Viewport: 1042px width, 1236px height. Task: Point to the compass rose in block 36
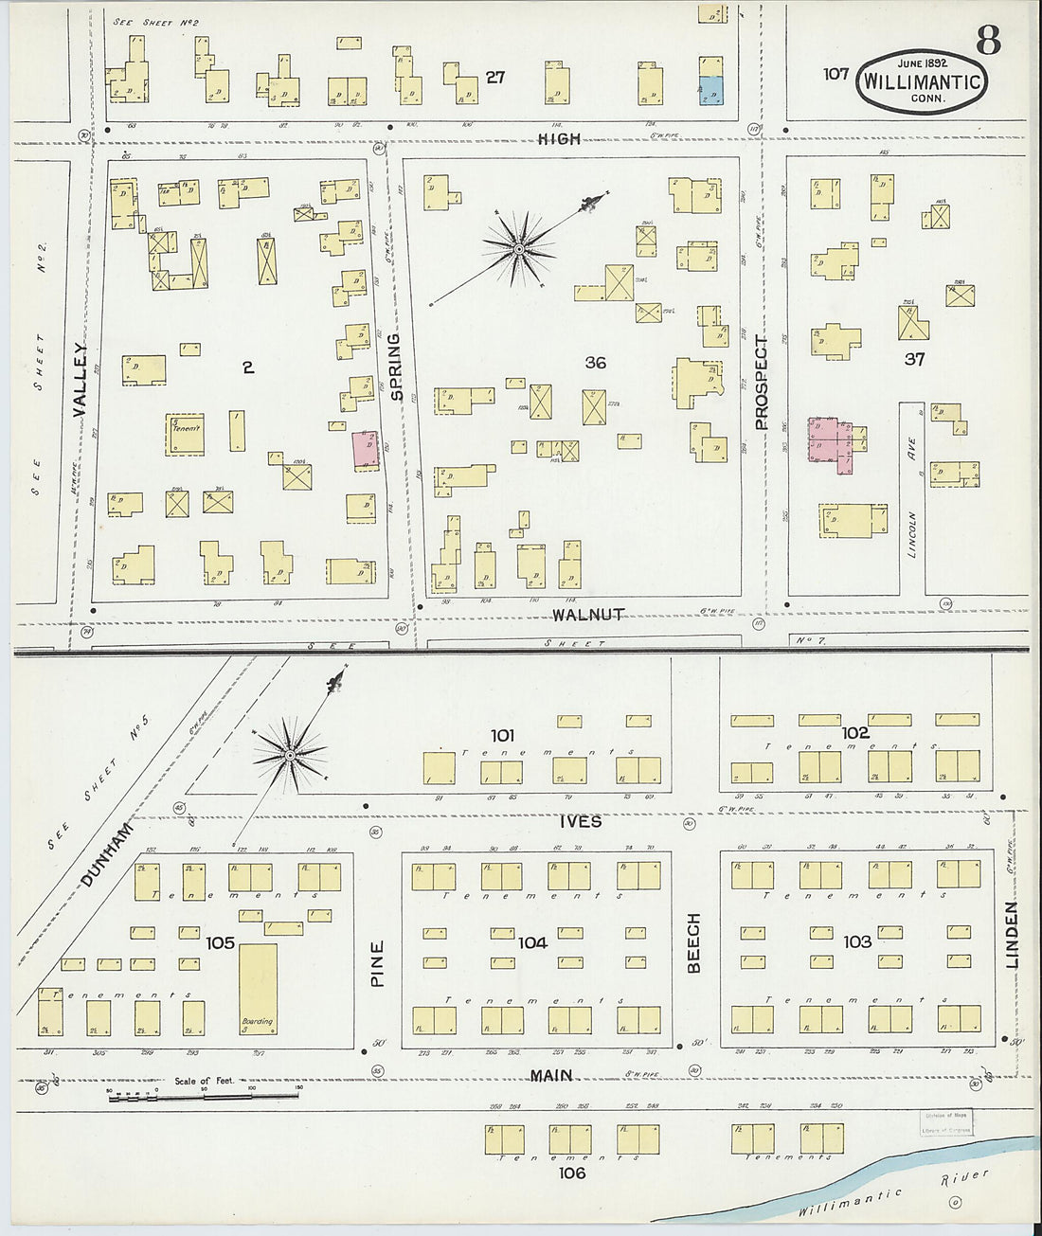(518, 248)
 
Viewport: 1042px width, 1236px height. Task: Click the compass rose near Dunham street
(290, 755)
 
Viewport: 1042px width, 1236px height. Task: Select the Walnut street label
(588, 615)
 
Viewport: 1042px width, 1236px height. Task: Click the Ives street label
(580, 821)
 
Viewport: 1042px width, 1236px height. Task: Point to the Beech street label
(693, 942)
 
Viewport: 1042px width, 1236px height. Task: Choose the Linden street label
(1011, 934)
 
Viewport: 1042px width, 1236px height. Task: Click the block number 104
(532, 942)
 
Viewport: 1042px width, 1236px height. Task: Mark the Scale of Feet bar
(204, 1095)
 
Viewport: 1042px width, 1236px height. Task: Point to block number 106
(572, 1173)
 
